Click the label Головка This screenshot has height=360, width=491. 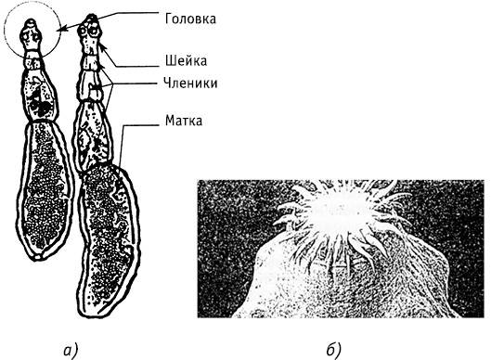pos(190,19)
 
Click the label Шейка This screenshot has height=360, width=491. pos(186,60)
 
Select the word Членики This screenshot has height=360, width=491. pos(190,84)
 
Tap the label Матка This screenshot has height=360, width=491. pos(184,121)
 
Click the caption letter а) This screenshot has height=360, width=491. pos(71,351)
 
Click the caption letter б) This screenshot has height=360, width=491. pos(333,350)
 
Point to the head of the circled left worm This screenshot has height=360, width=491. pos(31,35)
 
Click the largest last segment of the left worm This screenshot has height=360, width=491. pos(45,189)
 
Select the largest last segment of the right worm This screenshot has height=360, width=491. pos(108,239)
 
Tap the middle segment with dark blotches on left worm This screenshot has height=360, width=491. pos(40,95)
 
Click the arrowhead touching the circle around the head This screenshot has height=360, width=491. pos(61,30)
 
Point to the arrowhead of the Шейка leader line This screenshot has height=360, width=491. pos(102,47)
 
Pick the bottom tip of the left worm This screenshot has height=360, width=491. pos(37,258)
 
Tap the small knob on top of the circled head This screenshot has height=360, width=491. pos(31,23)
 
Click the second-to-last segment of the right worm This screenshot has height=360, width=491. pos(92,135)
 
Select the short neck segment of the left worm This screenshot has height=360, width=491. pos(33,60)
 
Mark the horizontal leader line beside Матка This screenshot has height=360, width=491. pos(140,125)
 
